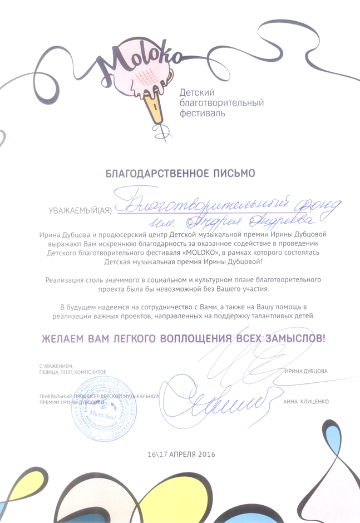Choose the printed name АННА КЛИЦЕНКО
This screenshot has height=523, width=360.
click(306, 401)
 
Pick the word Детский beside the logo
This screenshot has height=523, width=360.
click(195, 92)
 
